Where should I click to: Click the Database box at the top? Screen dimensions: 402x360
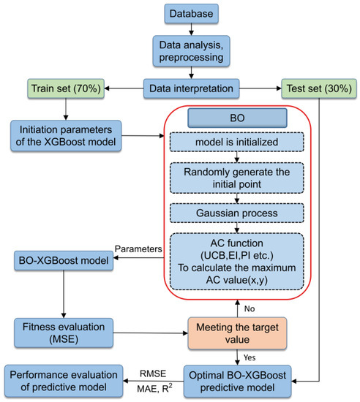pyautogui.click(x=191, y=13)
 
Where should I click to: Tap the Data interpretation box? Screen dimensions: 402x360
pyautogui.click(x=191, y=89)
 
